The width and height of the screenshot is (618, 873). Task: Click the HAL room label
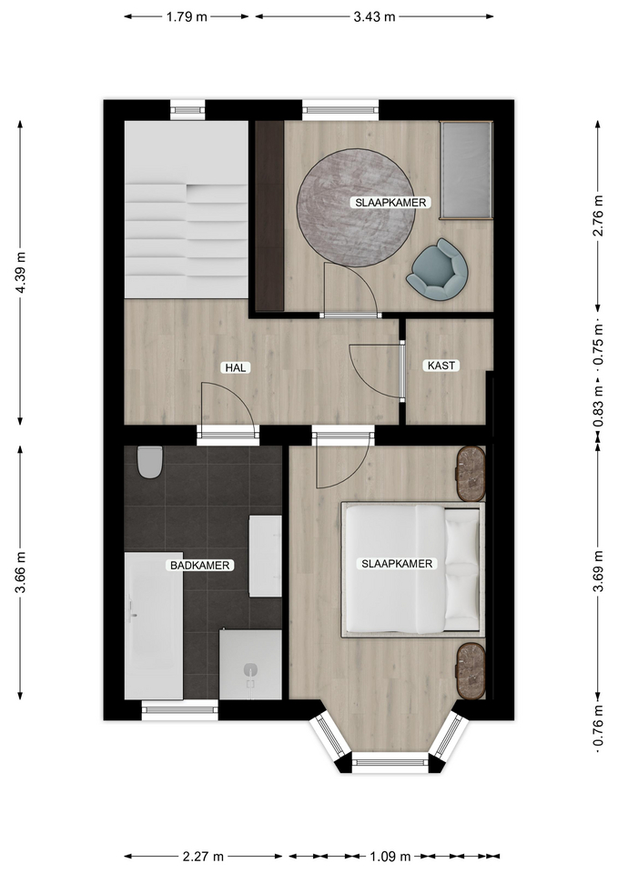(235, 367)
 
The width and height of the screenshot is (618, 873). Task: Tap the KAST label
(441, 366)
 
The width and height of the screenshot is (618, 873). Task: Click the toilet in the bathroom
(149, 462)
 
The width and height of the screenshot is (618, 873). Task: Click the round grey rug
(356, 207)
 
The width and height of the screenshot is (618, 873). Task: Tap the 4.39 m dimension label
(21, 273)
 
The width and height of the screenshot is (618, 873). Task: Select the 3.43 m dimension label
(374, 16)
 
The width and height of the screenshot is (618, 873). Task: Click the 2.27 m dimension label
(203, 856)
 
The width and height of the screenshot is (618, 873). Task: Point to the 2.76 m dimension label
(598, 216)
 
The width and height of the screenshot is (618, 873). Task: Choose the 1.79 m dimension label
(187, 16)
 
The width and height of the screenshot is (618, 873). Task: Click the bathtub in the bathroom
(153, 626)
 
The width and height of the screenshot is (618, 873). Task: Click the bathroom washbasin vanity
(265, 557)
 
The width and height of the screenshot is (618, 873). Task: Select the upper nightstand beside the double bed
(471, 473)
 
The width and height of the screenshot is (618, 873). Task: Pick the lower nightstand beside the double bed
(471, 670)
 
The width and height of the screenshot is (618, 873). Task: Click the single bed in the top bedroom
(466, 170)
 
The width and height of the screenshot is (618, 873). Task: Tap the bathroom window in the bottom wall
(179, 709)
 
